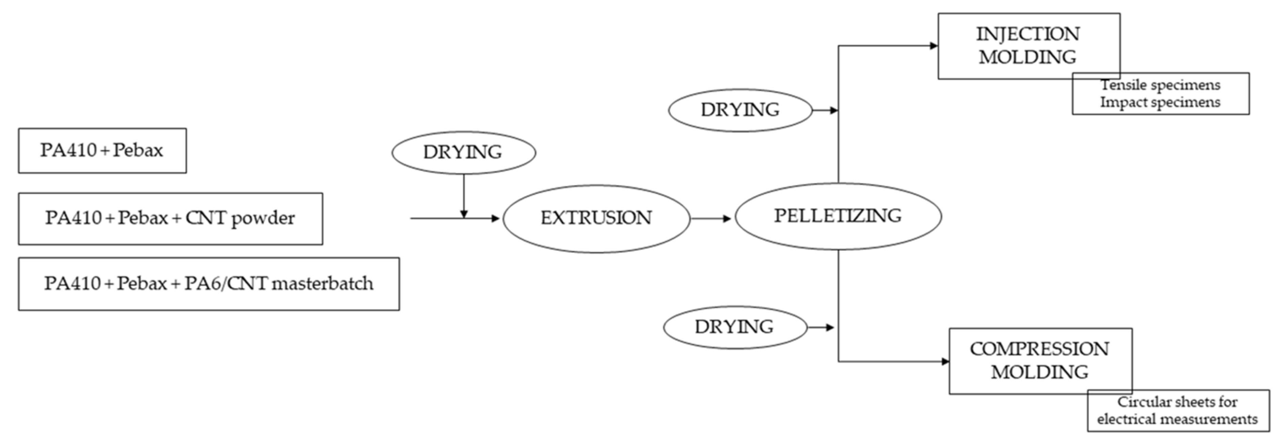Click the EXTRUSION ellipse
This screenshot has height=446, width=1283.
point(596,219)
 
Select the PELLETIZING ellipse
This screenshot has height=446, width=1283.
point(838,217)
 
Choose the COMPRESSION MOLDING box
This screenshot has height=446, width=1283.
point(1040,361)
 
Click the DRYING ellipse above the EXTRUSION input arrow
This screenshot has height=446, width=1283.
point(463,152)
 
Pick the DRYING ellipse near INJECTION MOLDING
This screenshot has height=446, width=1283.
point(740,110)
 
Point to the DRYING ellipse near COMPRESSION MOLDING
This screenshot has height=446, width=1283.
point(735,327)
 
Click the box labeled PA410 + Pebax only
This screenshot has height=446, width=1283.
point(102,150)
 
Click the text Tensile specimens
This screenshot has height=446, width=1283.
point(1160,85)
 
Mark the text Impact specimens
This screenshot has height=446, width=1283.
point(1160,102)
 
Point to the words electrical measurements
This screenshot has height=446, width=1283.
point(1177,419)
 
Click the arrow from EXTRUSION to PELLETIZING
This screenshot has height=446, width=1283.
point(711,219)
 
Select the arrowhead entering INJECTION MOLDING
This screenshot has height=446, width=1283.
point(934,46)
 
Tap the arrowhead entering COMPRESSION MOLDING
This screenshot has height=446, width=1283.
point(945,361)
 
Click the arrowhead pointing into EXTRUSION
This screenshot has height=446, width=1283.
point(495,219)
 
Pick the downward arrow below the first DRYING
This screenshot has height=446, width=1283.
point(464,197)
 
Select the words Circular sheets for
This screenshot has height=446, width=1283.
point(1177,402)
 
